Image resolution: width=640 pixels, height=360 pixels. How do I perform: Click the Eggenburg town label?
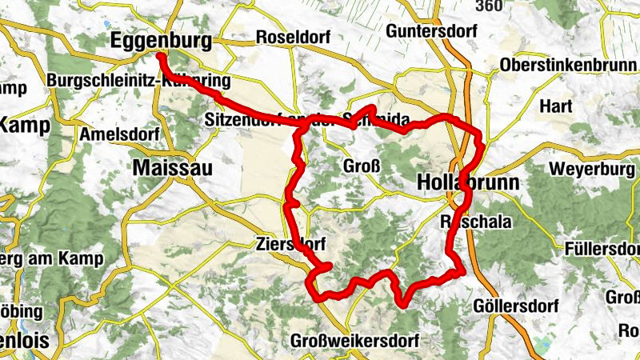pyautogui.click(x=162, y=40)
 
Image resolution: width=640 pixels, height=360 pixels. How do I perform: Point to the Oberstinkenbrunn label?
pyautogui.click(x=568, y=65)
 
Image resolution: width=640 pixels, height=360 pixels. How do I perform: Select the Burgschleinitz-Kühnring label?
pyautogui.click(x=138, y=81)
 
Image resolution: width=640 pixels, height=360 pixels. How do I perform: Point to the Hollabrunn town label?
pyautogui.click(x=468, y=182)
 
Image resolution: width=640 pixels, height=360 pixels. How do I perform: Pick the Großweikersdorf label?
pyautogui.click(x=356, y=340)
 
